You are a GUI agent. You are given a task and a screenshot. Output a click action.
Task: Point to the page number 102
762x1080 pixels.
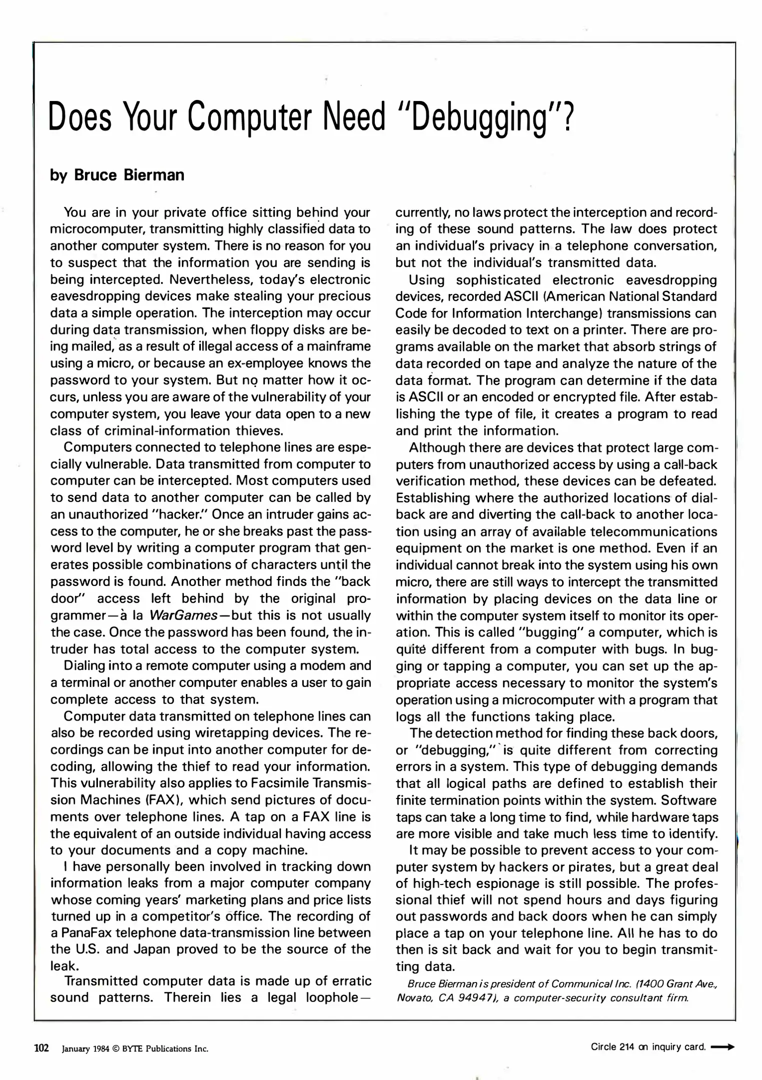[x=41, y=1047]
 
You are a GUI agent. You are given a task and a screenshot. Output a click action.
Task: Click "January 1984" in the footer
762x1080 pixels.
[x=82, y=1048]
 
